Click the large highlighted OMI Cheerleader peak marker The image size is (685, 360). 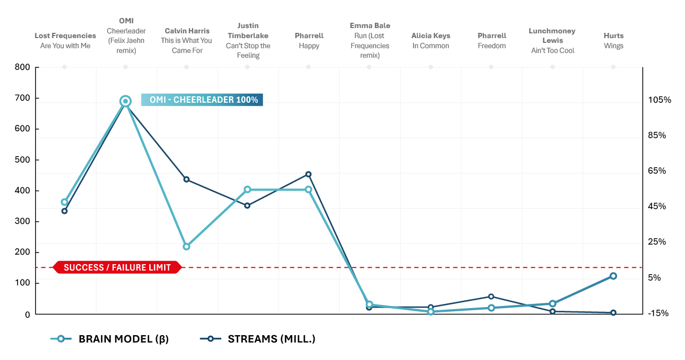coord(125,101)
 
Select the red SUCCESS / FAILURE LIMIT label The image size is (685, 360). coord(117,267)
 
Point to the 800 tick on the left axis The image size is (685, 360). coord(23,67)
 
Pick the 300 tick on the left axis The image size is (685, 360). coord(23,221)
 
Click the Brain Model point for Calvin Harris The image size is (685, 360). coord(186,246)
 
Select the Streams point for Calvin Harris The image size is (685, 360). coord(186,179)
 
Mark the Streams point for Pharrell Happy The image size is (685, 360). coord(309,174)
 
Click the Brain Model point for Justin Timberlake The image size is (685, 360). coord(247,190)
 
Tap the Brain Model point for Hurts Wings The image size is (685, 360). coord(613,276)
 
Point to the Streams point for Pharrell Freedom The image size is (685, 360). coord(491,296)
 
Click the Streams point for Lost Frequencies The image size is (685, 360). coord(65,211)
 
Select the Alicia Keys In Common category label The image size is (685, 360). coord(430,41)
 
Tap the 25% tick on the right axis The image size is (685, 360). coord(660,242)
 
